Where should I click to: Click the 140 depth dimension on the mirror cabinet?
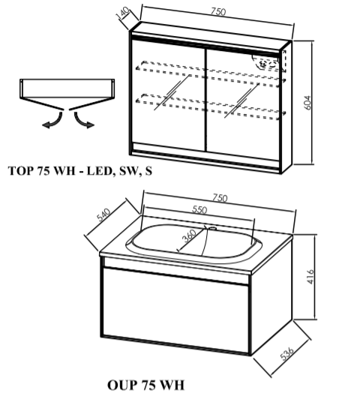[x=123, y=13]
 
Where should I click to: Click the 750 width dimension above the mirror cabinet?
[x=218, y=11]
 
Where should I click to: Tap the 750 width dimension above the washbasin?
[x=220, y=198]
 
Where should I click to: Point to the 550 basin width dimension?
[x=199, y=209]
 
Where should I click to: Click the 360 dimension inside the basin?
[x=189, y=235]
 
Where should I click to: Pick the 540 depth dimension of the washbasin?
[x=103, y=214]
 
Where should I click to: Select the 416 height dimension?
[x=310, y=277]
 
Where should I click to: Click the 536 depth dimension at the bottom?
[x=286, y=353]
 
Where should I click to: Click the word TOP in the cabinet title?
[x=21, y=171]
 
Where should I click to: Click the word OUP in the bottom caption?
[x=122, y=385]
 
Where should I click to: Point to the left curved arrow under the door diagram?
[x=54, y=121]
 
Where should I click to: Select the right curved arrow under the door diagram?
[x=83, y=121]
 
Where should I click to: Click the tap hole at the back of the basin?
[x=213, y=228]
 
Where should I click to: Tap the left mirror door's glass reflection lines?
[x=172, y=92]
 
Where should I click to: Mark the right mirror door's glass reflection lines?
[x=241, y=100]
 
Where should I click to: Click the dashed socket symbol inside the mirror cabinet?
[x=264, y=64]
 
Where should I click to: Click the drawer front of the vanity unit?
[x=175, y=310]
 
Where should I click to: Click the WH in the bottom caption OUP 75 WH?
[x=172, y=385]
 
